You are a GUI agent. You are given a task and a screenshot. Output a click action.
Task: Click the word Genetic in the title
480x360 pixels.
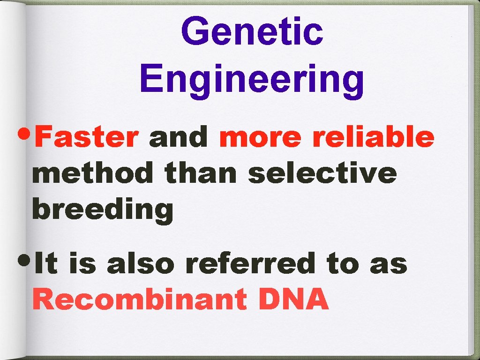252,31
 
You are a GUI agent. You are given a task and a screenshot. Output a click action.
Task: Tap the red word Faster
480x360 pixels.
87,137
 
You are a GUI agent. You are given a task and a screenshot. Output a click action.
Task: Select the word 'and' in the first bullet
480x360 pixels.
179,137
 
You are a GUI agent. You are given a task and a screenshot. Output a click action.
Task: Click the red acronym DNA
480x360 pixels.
293,300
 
